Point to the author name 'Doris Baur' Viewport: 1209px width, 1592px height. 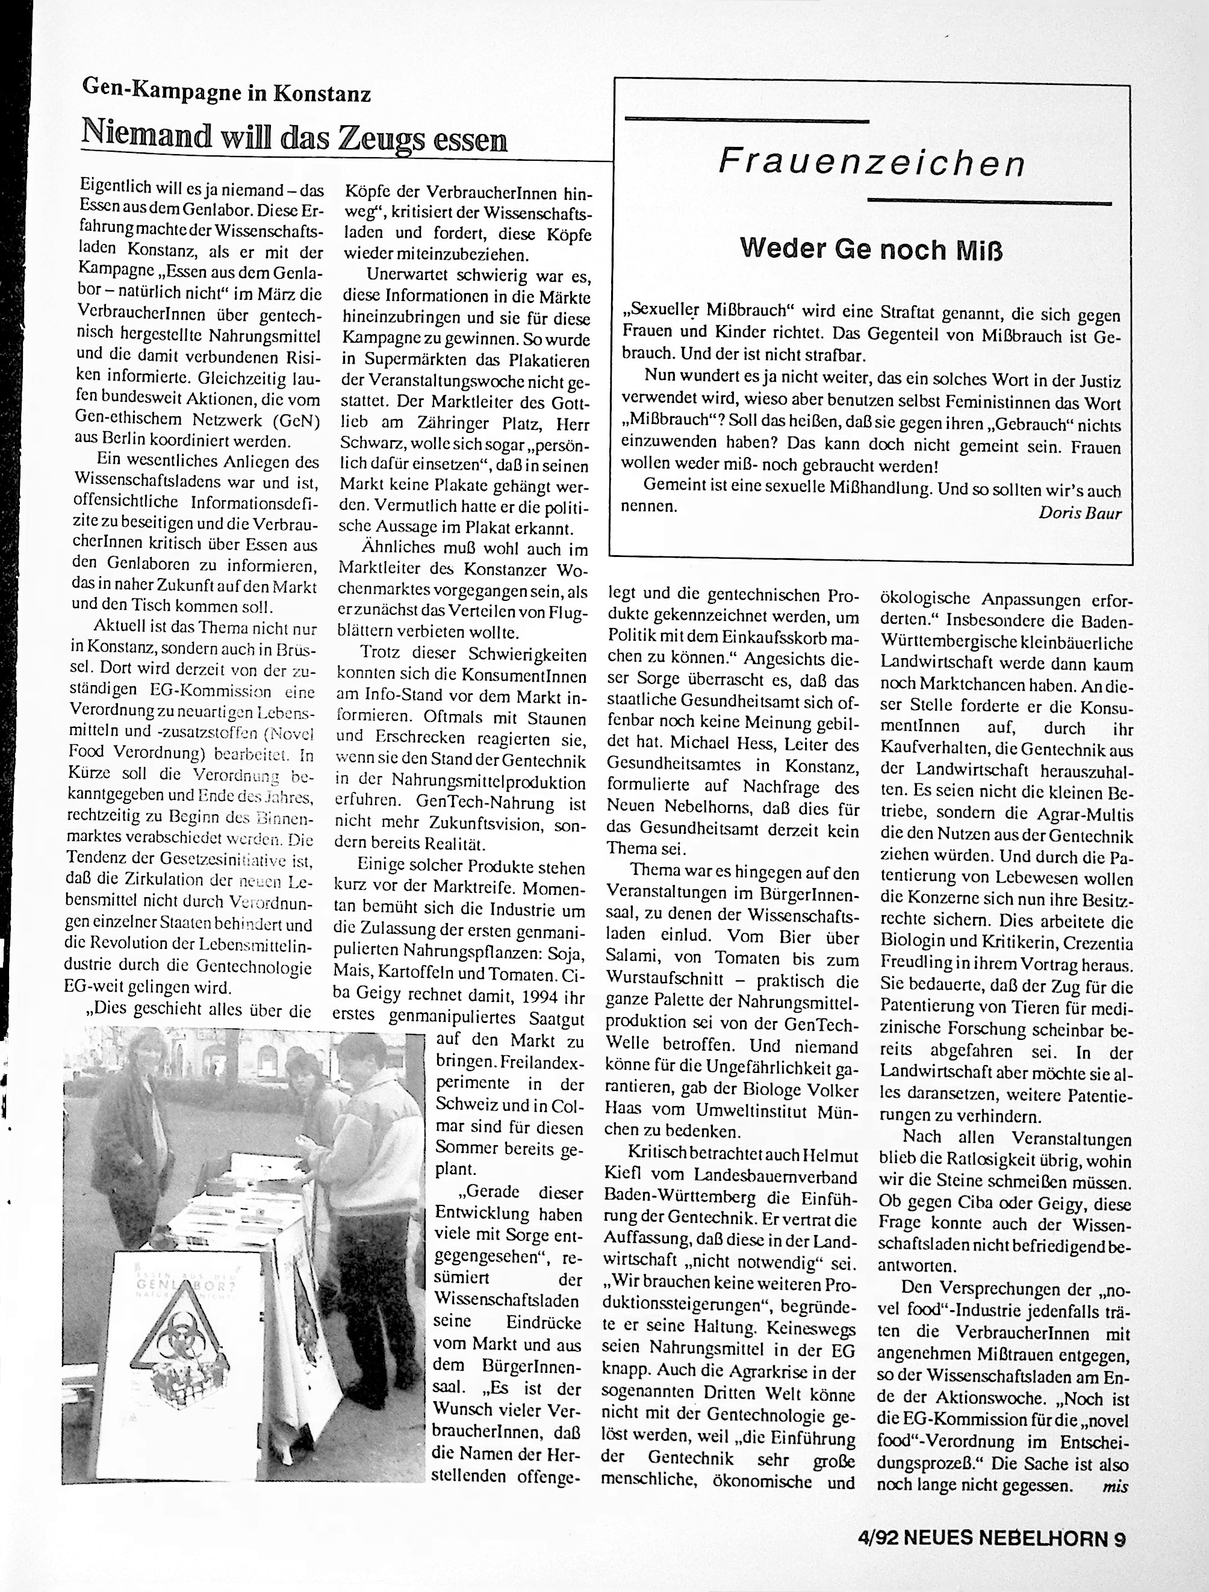(x=1080, y=512)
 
